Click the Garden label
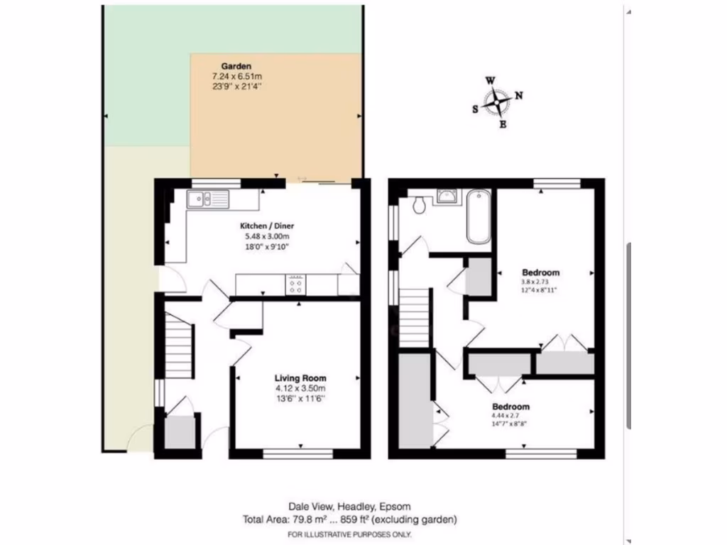pyautogui.click(x=226, y=66)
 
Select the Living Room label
pyautogui.click(x=300, y=378)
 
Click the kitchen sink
pyautogui.click(x=208, y=199)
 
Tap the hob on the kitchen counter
pyautogui.click(x=297, y=284)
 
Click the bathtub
pyautogui.click(x=478, y=216)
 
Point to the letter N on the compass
pyautogui.click(x=519, y=96)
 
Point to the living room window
pyautogui.click(x=299, y=452)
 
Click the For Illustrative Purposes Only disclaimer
pyautogui.click(x=349, y=534)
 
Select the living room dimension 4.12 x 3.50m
pyautogui.click(x=300, y=389)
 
